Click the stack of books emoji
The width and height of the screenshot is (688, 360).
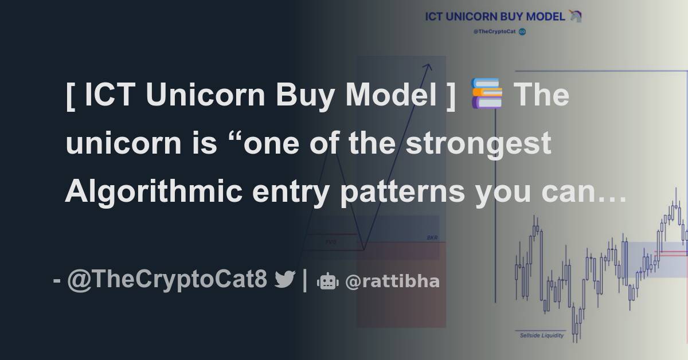pyautogui.click(x=487, y=95)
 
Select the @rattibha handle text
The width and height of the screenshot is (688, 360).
pyautogui.click(x=392, y=281)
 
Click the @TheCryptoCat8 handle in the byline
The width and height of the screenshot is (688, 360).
pyautogui.click(x=167, y=280)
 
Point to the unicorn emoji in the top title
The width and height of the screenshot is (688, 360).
pyautogui.click(x=576, y=17)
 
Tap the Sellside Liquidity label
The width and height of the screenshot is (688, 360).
pyautogui.click(x=542, y=335)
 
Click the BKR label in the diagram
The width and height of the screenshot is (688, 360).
pyautogui.click(x=432, y=237)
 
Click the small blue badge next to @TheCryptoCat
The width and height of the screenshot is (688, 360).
pyautogui.click(x=522, y=32)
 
